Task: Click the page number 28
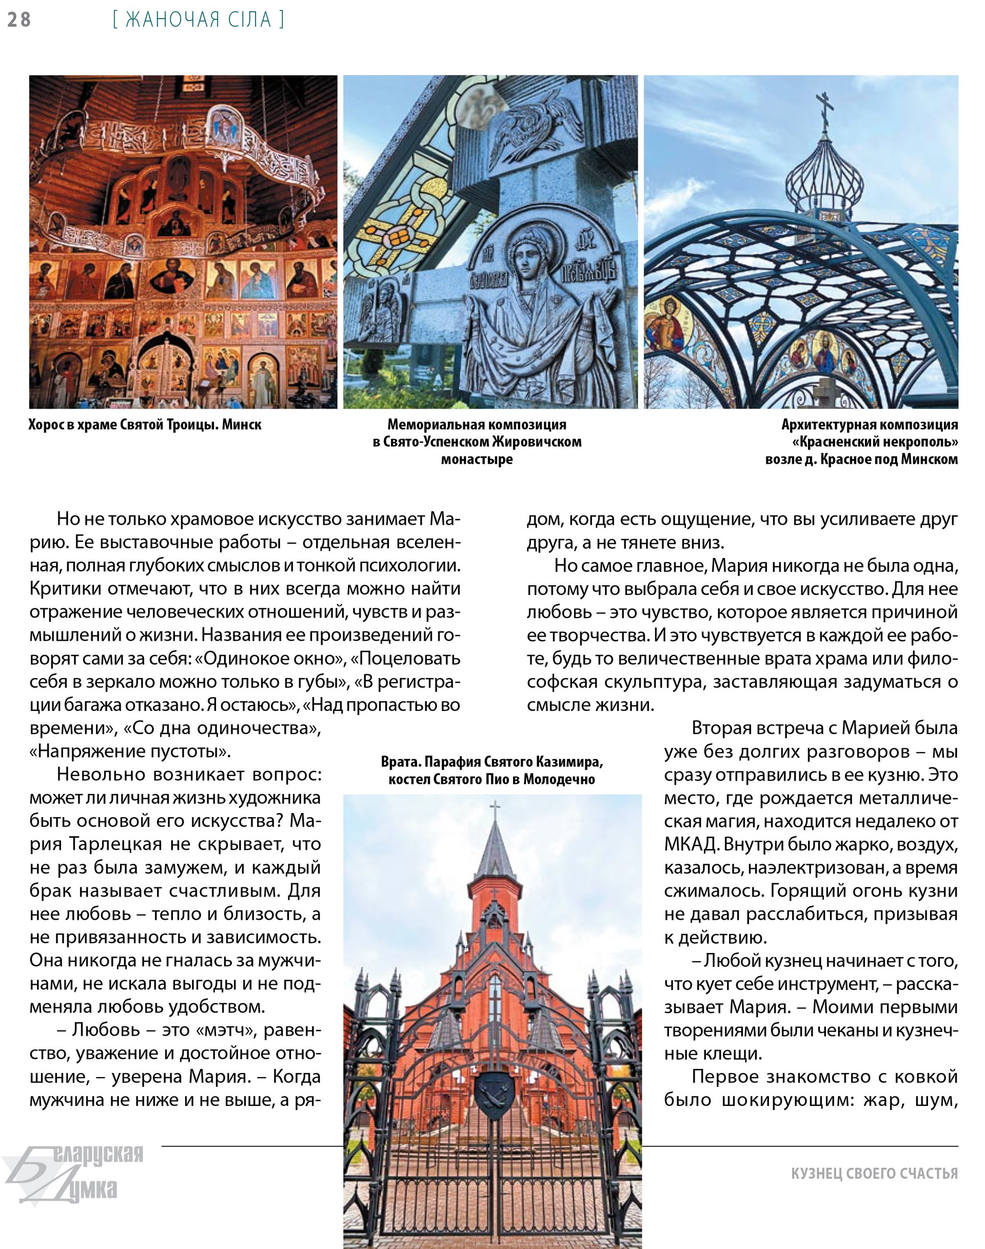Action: (x=19, y=19)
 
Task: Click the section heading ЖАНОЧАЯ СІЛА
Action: (x=199, y=19)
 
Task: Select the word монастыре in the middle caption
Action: (x=477, y=460)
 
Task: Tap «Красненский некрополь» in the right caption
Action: (x=875, y=442)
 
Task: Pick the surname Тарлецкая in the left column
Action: (x=115, y=844)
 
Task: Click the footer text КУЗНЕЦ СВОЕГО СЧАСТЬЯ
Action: (x=874, y=1174)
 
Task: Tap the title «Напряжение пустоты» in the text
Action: (x=130, y=751)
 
